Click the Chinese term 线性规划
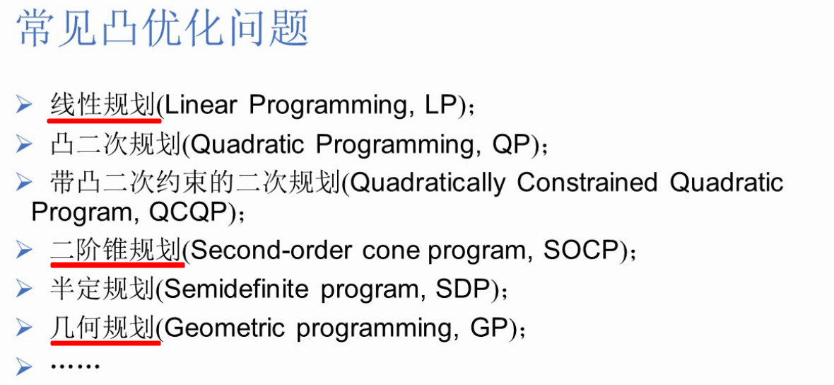coord(102,105)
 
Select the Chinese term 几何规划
coord(102,328)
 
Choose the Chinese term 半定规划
coord(102,289)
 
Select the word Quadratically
coord(428,183)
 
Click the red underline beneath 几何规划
coord(104,343)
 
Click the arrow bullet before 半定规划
coord(25,289)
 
